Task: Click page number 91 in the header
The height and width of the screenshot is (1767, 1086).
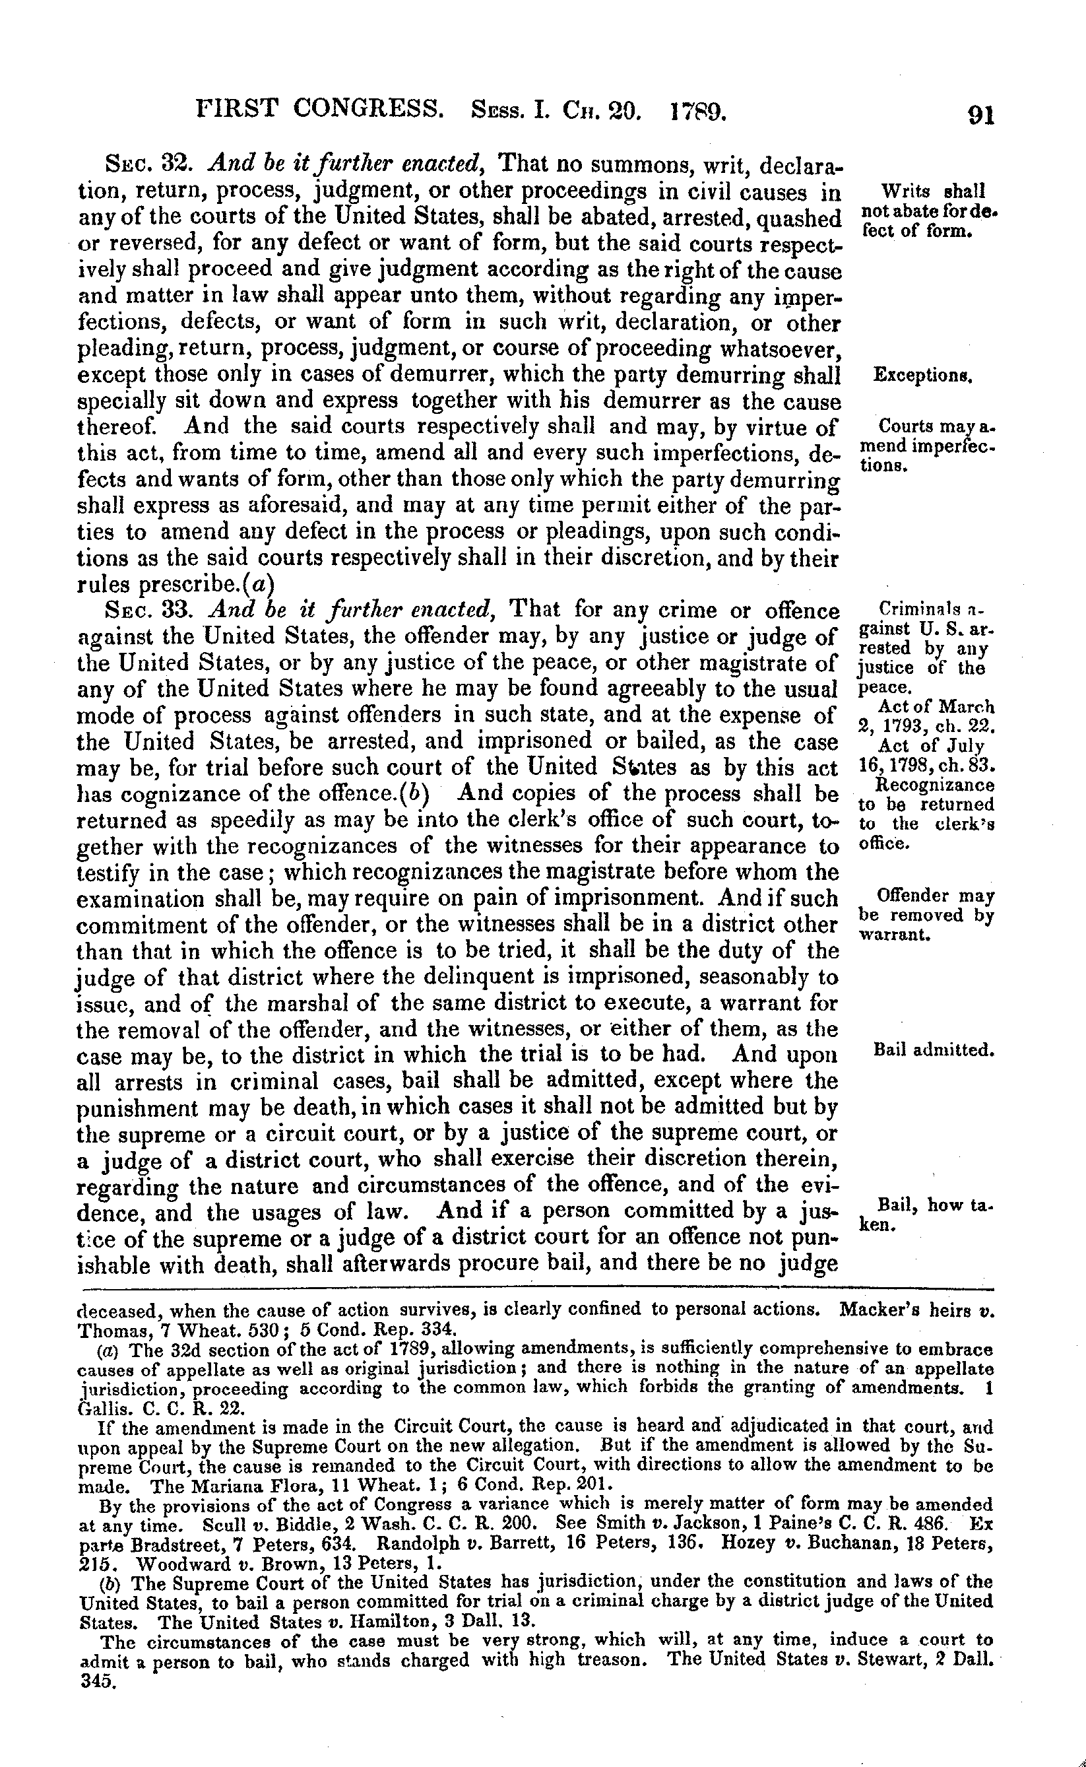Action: [980, 115]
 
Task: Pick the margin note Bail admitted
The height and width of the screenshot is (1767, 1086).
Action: [933, 1051]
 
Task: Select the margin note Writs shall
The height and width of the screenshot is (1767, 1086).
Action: [932, 192]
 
